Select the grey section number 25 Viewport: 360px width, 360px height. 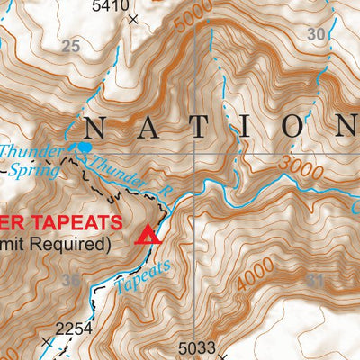pos(71,46)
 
